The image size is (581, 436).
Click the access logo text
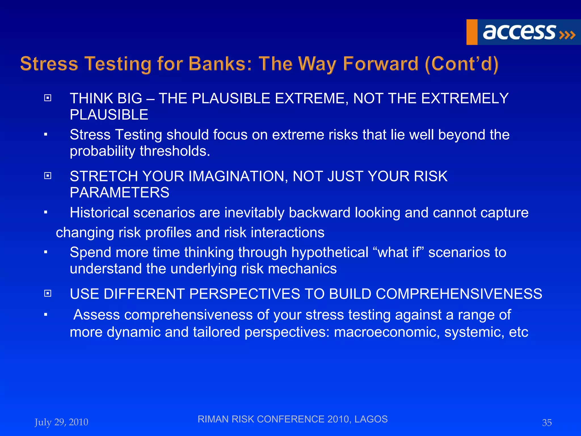click(519, 32)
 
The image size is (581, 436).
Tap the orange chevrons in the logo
click(567, 35)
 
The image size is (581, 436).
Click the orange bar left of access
click(472, 32)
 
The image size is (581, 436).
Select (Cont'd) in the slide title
click(462, 64)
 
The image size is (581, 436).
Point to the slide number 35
click(547, 423)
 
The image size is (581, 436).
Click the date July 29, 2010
click(61, 422)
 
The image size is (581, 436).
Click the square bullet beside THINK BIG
click(48, 98)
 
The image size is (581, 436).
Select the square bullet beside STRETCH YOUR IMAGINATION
click(48, 176)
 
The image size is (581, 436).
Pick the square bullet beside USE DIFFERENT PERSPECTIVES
click(48, 293)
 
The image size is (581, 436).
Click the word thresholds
click(175, 151)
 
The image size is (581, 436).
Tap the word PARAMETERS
click(119, 193)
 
